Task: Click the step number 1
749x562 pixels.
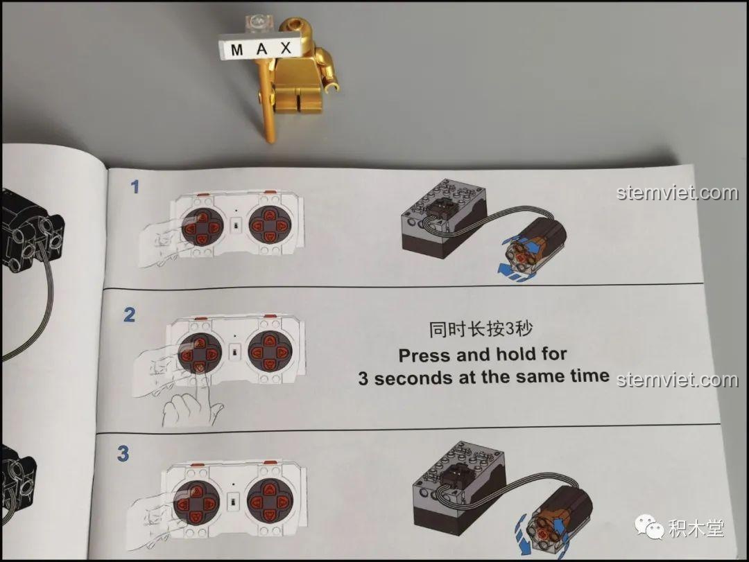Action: click(135, 186)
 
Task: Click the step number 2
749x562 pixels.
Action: click(130, 315)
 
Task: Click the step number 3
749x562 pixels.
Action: click(123, 454)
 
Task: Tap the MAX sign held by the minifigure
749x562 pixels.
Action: click(261, 49)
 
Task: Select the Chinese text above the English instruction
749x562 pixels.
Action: click(481, 329)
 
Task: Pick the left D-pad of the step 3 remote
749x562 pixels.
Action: click(196, 503)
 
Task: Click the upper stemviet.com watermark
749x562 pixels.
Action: click(678, 193)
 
